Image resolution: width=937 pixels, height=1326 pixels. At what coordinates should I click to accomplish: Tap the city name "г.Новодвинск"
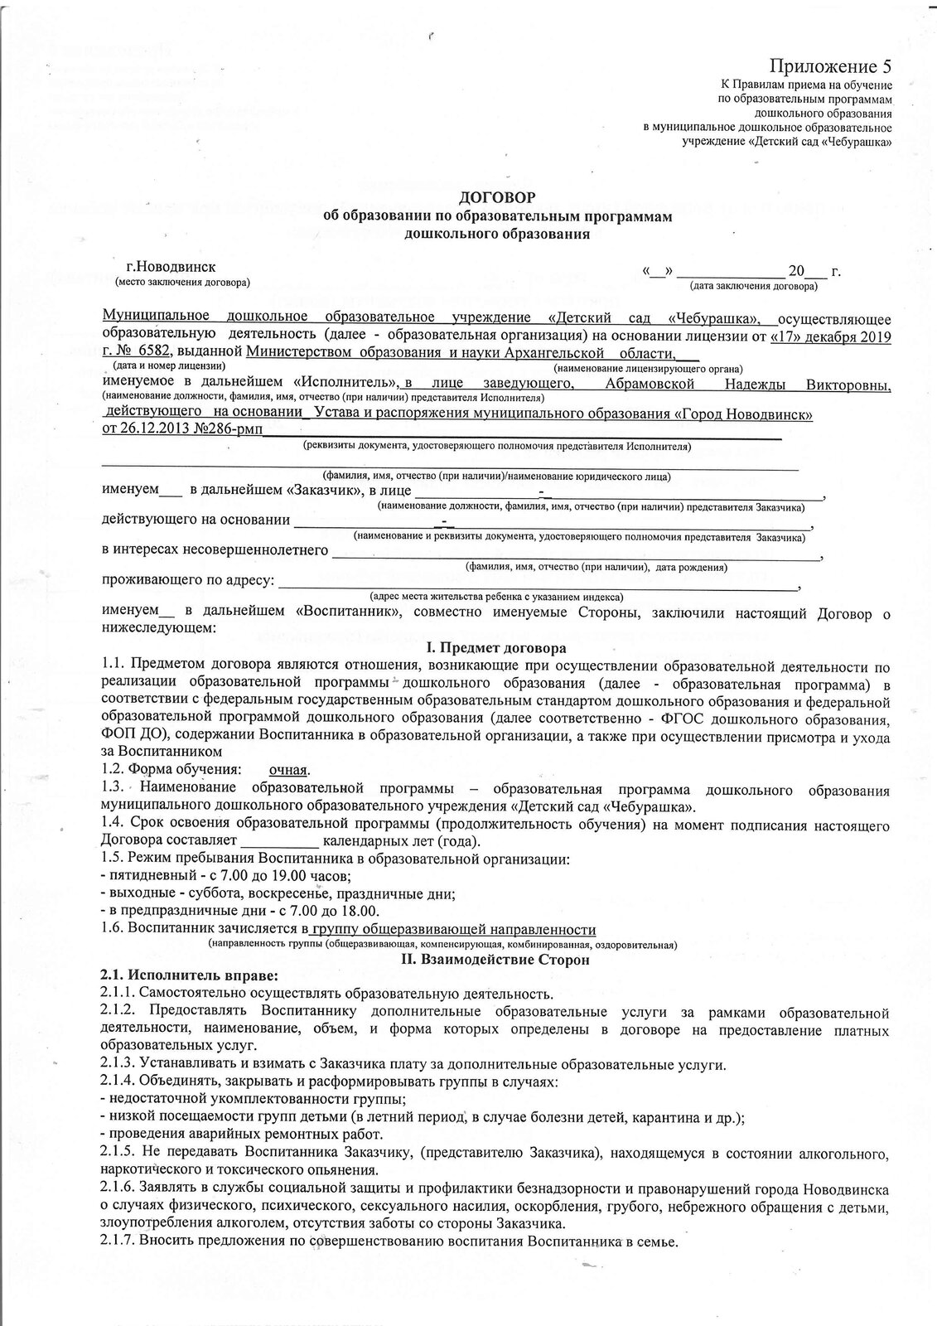click(x=171, y=268)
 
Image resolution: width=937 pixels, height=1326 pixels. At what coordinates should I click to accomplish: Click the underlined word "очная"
click(x=289, y=770)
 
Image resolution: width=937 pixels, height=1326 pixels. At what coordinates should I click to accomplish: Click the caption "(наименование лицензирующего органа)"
click(x=649, y=367)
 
